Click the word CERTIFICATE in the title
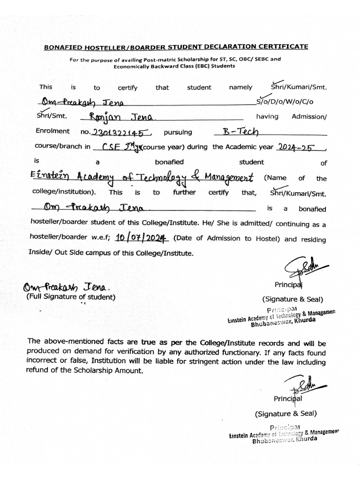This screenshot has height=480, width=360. pos(284,46)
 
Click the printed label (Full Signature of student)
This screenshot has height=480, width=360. pos(70,297)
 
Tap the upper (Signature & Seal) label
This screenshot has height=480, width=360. pos(292,299)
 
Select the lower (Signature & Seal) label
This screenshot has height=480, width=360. pos(286,413)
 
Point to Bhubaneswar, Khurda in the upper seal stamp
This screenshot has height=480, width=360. pos(284,323)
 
